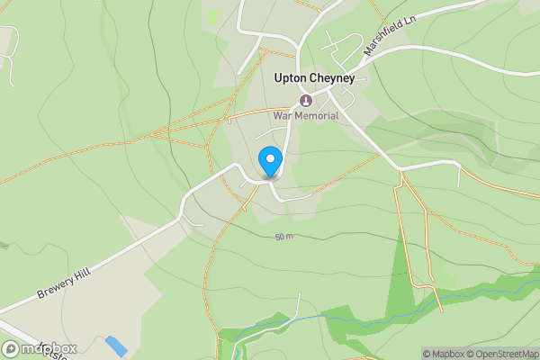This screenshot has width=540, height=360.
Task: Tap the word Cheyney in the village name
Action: [333, 79]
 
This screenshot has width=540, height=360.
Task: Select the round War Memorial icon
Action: [305, 100]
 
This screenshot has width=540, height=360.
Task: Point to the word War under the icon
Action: [284, 115]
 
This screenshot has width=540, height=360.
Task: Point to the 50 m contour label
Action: [284, 237]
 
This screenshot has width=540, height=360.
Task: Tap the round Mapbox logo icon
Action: [12, 348]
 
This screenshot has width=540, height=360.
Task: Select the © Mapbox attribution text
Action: [444, 354]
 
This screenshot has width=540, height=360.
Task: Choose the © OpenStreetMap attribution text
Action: [502, 354]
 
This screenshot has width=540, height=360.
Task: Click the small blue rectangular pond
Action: [116, 346]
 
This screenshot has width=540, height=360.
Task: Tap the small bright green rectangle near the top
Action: [212, 16]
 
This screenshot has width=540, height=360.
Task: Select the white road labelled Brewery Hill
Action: [135, 247]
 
